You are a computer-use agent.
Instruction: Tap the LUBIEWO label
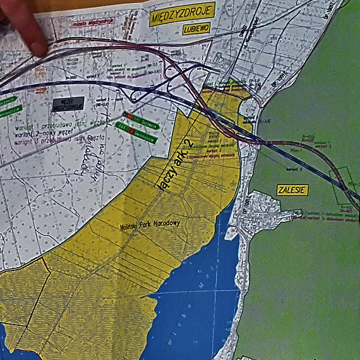(x=196, y=29)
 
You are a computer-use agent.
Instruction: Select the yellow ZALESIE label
(x=292, y=189)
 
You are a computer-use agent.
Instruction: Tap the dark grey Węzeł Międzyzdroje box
(x=68, y=103)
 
